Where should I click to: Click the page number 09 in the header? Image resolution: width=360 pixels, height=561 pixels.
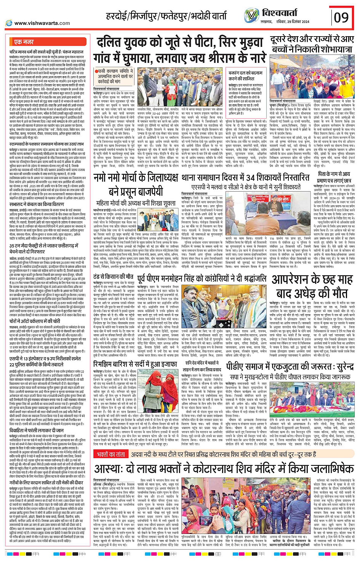(x=341, y=17)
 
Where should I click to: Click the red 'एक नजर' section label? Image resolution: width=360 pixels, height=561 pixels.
(x=24, y=42)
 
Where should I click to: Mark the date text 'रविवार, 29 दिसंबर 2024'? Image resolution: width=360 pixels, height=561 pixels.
(x=291, y=21)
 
